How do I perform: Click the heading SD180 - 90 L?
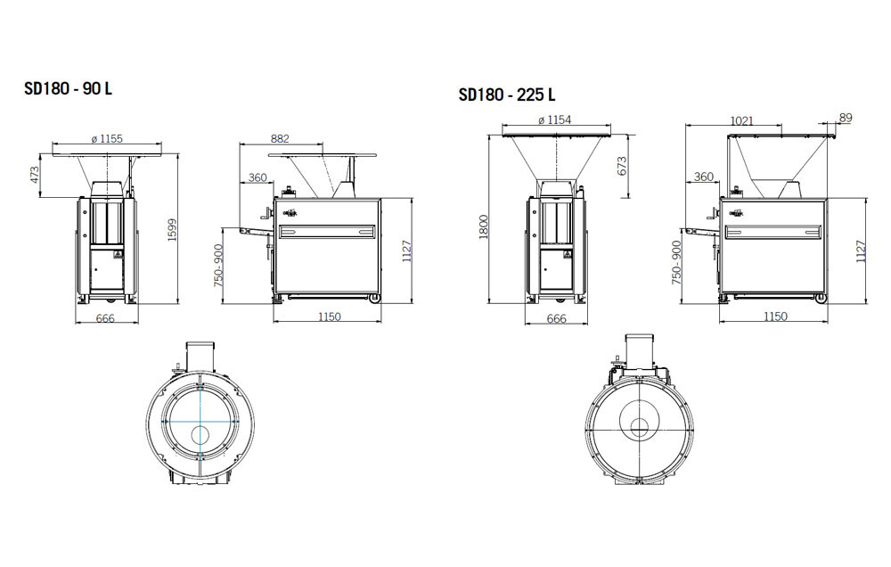click(x=69, y=89)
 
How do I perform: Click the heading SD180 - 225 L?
click(x=507, y=94)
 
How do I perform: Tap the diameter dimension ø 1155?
click(x=107, y=138)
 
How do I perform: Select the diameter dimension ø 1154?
click(x=554, y=120)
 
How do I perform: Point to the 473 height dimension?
click(x=35, y=174)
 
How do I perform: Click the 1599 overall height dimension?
click(x=173, y=230)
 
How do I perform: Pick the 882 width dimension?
click(x=280, y=138)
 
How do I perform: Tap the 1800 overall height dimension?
click(x=484, y=226)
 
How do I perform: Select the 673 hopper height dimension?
click(x=622, y=166)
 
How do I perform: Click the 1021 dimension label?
click(x=741, y=120)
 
